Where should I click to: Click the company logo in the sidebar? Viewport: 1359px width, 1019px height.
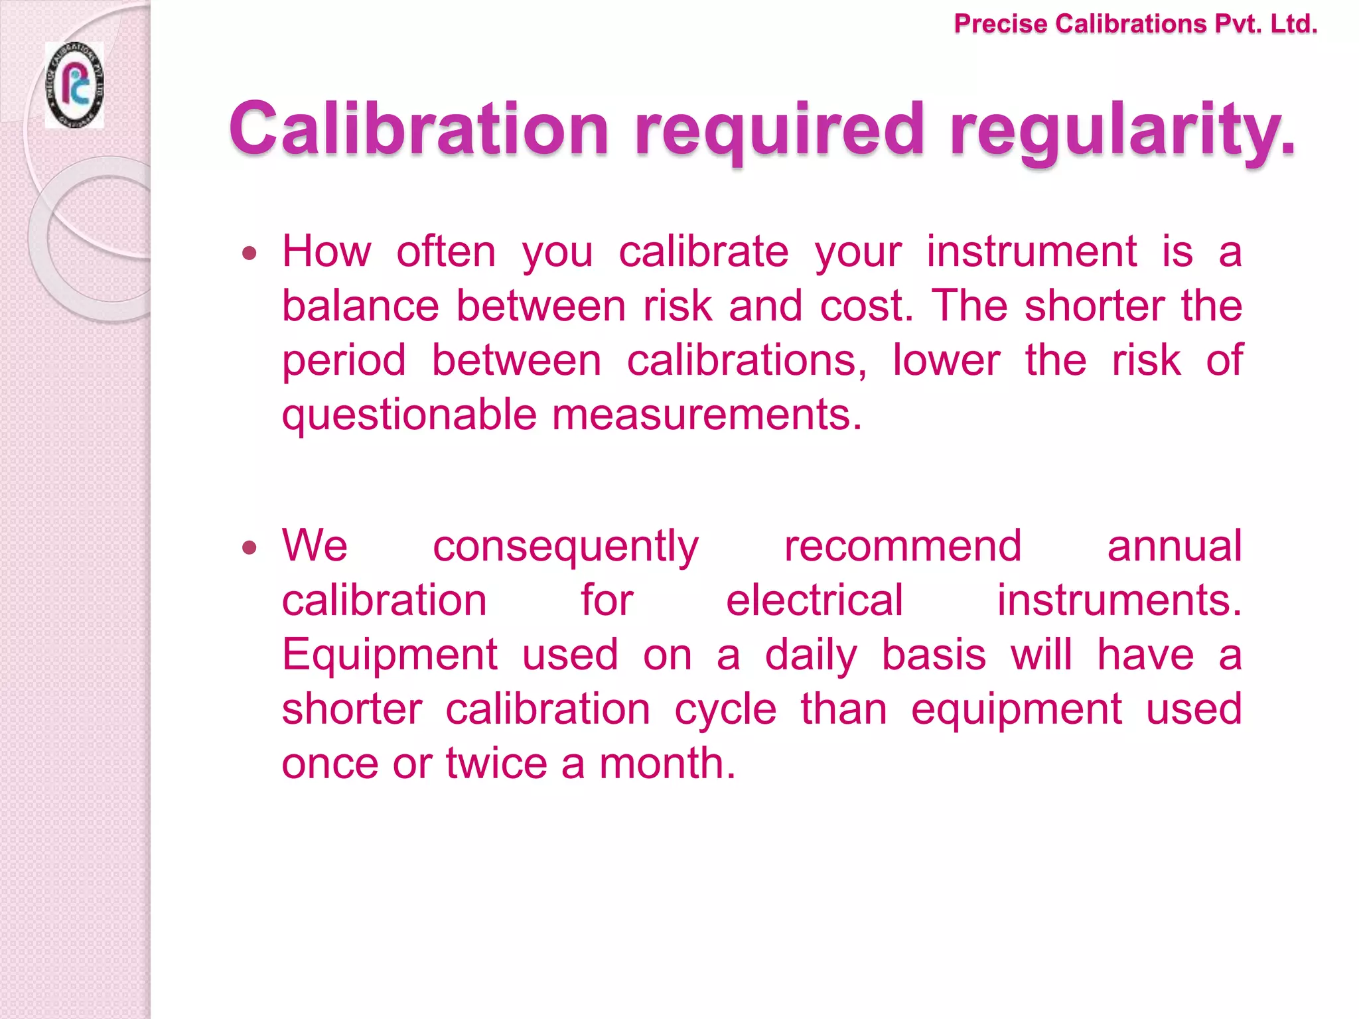[74, 85]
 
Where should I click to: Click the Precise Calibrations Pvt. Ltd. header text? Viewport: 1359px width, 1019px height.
[1135, 25]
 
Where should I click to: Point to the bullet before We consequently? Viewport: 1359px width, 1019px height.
[249, 547]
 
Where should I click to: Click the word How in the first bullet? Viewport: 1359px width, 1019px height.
[326, 251]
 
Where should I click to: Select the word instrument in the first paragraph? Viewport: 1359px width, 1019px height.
[1031, 251]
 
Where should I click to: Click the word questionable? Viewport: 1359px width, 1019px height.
[409, 415]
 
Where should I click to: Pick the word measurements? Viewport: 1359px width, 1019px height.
[706, 415]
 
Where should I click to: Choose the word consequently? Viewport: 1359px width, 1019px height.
[565, 547]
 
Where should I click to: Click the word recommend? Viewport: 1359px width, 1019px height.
[902, 546]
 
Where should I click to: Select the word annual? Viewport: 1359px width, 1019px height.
[1174, 546]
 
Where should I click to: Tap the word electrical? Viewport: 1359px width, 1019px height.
[814, 600]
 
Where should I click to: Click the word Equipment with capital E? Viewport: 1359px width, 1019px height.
[390, 655]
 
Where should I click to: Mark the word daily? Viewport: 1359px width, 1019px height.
[810, 655]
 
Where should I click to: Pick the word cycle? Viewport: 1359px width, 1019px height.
[725, 710]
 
